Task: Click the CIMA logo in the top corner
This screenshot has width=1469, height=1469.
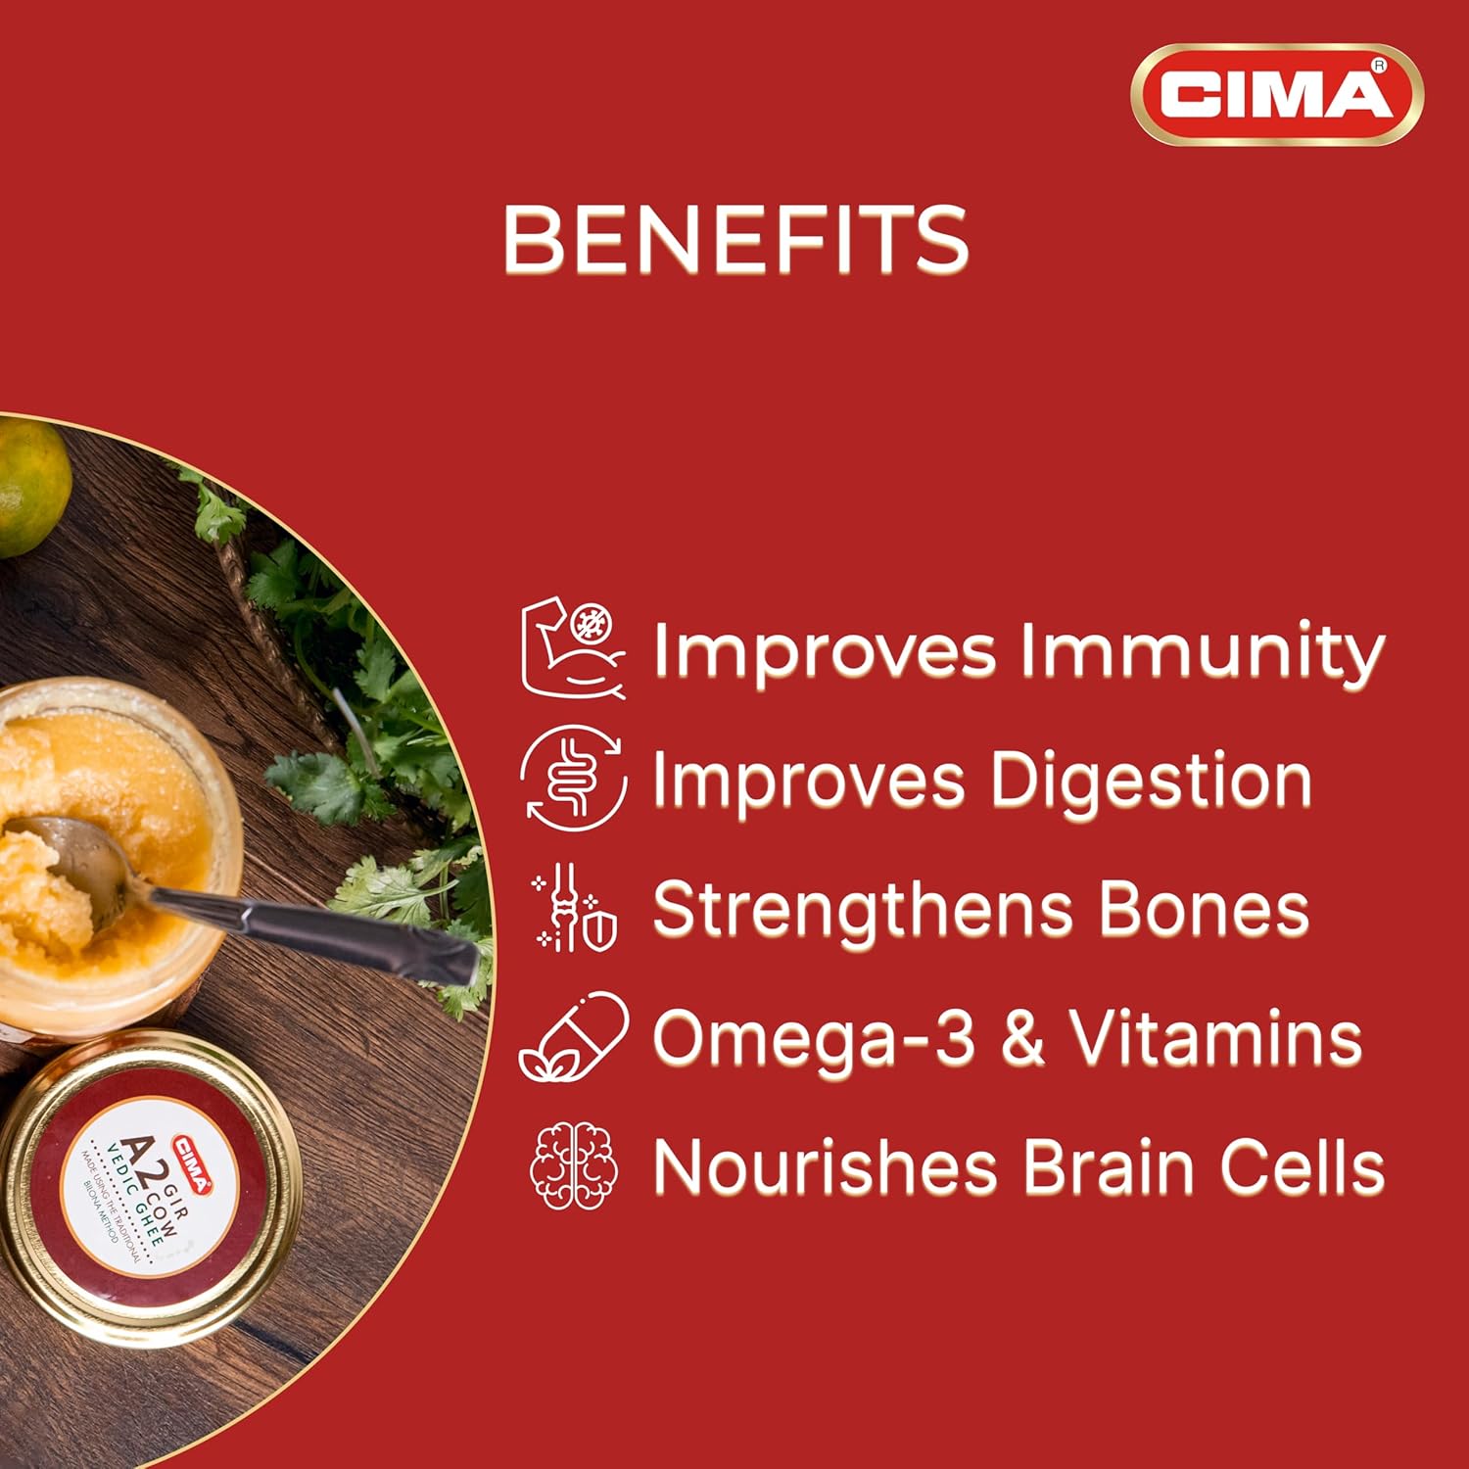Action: pyautogui.click(x=1277, y=95)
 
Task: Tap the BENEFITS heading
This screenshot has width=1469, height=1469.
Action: pyautogui.click(x=735, y=240)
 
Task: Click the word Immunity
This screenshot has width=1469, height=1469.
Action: pyautogui.click(x=1202, y=652)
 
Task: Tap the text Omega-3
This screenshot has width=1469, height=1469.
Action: pyautogui.click(x=814, y=1038)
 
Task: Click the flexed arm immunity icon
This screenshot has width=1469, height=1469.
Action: pyautogui.click(x=573, y=649)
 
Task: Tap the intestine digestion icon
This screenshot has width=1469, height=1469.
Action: pyautogui.click(x=573, y=779)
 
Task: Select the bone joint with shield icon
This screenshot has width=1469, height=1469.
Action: pyautogui.click(x=575, y=908)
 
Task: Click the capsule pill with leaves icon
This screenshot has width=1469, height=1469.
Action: pyautogui.click(x=574, y=1036)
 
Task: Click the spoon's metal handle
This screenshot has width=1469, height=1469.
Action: pyautogui.click(x=313, y=927)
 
